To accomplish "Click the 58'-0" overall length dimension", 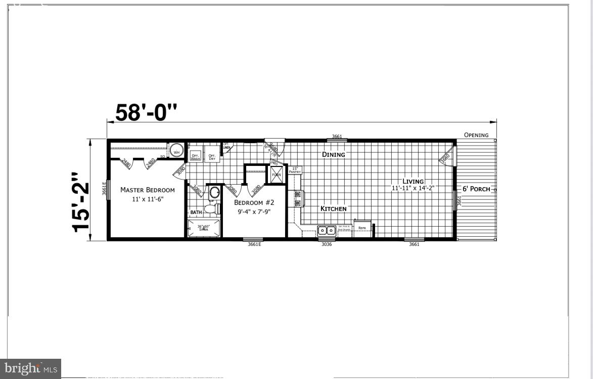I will coord(147,112).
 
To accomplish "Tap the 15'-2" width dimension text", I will coord(81,202).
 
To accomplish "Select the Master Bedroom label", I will coord(147,190).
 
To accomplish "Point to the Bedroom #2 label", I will coord(254,202).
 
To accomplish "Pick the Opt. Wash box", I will coord(195,156).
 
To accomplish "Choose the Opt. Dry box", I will coord(212,156).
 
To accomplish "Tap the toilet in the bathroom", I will coord(212,208).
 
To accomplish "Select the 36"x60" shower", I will coord(204,228).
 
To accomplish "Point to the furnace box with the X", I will coord(277,175).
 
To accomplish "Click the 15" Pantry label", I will coord(295,171).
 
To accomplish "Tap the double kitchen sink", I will coord(327,231).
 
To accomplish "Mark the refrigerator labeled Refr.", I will coord(362,229).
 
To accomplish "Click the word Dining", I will coord(334,154).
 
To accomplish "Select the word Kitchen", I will coord(334,208).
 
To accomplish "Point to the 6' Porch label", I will coord(476,189).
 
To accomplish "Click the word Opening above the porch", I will coord(476,135).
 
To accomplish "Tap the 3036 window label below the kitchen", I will coord(327,244).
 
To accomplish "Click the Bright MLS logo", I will coord(30,368).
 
